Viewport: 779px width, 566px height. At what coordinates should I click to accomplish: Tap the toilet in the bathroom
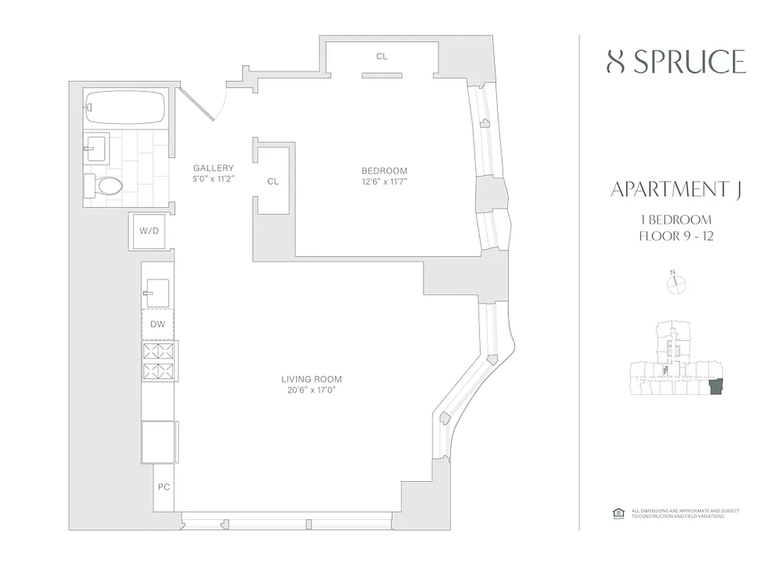coord(104,185)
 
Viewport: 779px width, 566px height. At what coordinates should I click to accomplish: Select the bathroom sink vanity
coord(95,149)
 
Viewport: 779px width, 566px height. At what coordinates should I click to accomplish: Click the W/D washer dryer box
coord(149,231)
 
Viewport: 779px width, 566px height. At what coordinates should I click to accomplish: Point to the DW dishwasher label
coord(157,325)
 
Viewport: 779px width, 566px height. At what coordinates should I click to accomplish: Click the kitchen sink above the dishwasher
coord(156,290)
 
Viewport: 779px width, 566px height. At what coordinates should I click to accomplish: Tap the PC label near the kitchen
coord(164,487)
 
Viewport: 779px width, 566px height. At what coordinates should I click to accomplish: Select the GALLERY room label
coord(213,168)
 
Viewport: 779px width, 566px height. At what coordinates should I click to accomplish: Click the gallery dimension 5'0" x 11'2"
coord(213,179)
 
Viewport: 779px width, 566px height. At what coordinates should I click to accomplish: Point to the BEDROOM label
coord(384,171)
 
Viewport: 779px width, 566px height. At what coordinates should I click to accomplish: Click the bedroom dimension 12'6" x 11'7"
coord(384,182)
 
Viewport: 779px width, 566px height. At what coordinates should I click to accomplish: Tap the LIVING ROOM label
coord(312,379)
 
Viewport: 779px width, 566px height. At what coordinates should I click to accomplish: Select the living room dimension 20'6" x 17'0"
coord(312,390)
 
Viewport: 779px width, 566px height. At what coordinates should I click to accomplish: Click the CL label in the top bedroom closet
coord(382,57)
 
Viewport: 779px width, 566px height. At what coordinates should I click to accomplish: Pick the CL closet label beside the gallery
coord(273,182)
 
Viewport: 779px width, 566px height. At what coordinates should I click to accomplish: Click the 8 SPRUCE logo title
coord(676,62)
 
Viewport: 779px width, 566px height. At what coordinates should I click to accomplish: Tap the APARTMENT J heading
coord(676,190)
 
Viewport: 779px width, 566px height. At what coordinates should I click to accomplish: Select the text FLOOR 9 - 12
coord(676,236)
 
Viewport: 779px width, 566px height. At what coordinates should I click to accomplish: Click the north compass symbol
coord(676,283)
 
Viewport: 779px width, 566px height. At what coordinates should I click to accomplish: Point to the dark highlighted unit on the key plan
coord(716,387)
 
